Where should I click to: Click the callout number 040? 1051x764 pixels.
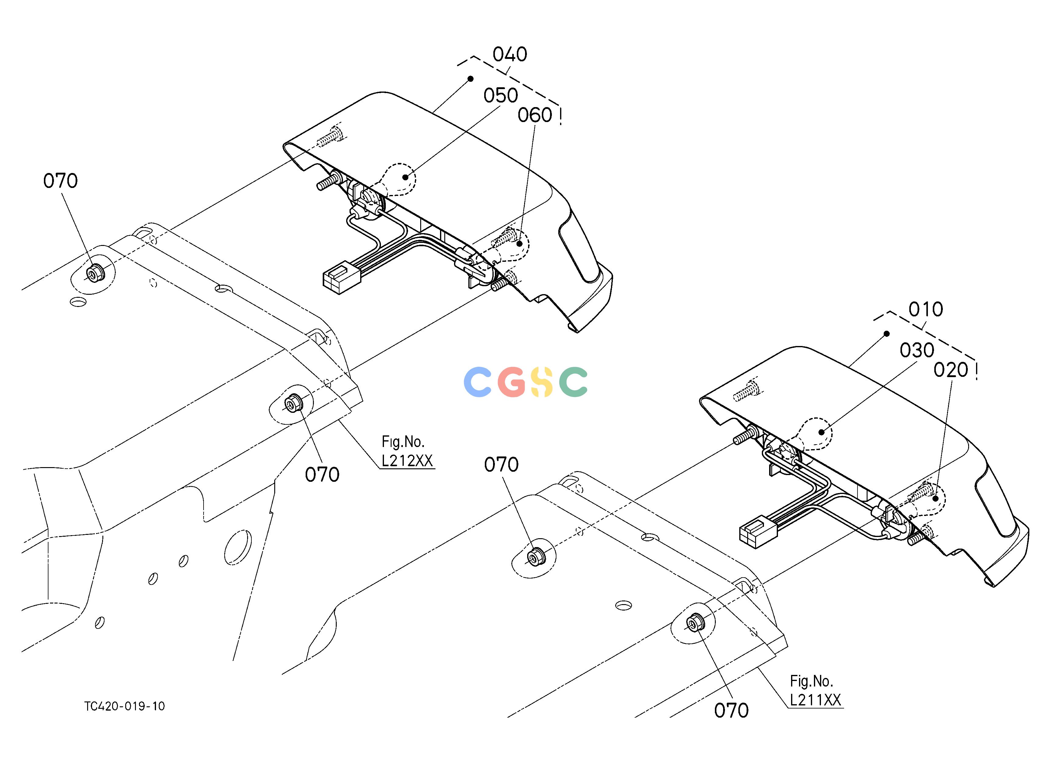pos(510,55)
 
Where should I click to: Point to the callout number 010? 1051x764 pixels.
pos(926,309)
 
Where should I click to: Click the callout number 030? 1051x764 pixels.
pos(917,350)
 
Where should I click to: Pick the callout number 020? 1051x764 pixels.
pos(951,370)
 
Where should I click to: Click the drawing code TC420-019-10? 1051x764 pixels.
pos(125,706)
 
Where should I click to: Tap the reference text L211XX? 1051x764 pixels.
pos(815,700)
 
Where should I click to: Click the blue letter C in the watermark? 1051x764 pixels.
pos(477,382)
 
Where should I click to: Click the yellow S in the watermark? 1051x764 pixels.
pos(542,382)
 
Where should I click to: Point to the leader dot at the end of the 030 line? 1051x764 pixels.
pos(822,432)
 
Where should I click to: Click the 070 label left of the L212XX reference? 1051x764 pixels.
pos(322,474)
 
